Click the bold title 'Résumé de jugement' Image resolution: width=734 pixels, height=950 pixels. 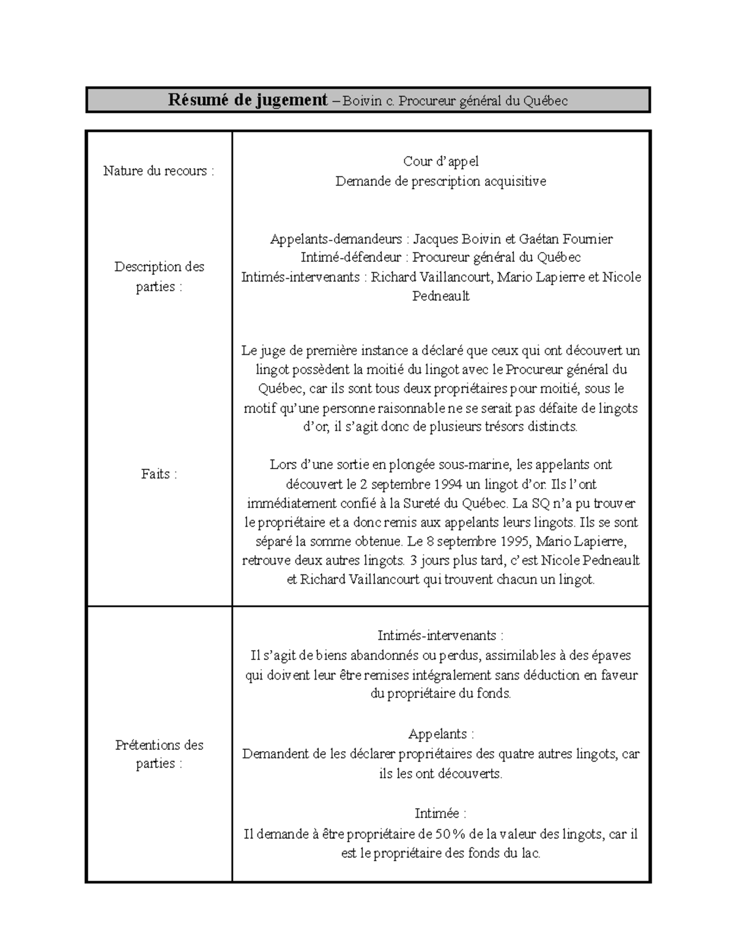coord(248,100)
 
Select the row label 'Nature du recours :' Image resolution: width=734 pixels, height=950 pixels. coord(159,171)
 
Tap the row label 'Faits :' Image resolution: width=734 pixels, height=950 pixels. coord(159,474)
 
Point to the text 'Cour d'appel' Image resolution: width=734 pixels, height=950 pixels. coord(441,161)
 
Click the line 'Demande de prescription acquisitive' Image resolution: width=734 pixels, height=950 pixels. coord(441,181)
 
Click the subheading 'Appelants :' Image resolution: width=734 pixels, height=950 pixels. coord(441,734)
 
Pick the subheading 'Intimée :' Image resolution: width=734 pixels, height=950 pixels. coord(441,814)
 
